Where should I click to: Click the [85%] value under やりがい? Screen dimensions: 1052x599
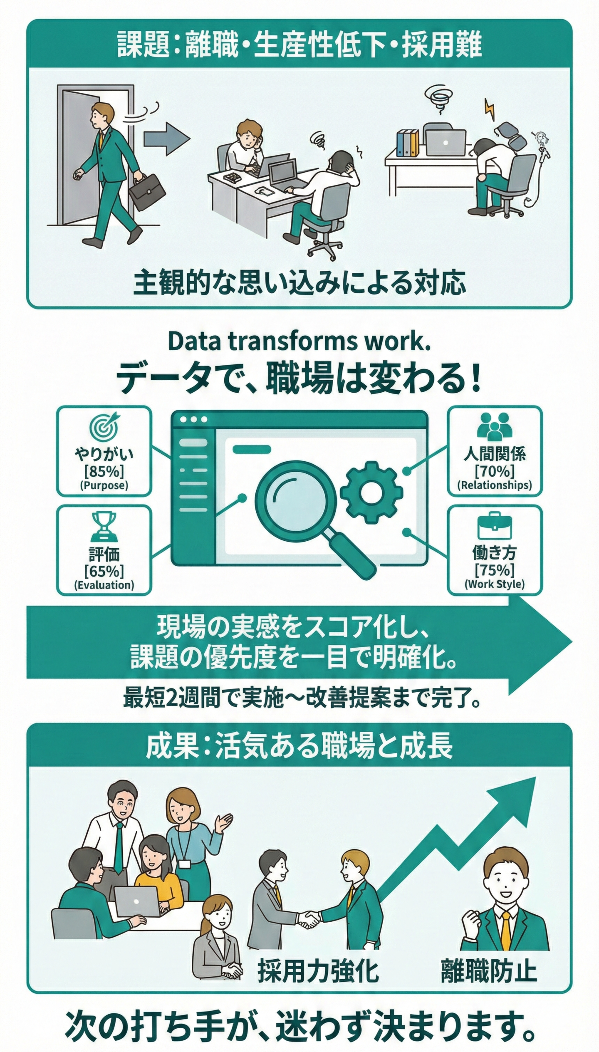[x=104, y=471]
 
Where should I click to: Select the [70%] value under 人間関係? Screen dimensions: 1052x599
[x=495, y=471]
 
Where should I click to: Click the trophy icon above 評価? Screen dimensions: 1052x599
[x=104, y=526]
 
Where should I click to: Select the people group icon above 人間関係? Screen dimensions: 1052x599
[x=495, y=426]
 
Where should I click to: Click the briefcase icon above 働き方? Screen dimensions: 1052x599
[x=495, y=526]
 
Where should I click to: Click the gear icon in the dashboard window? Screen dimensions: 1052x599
[x=371, y=492]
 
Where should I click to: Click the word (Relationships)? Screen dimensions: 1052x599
[x=495, y=485]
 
